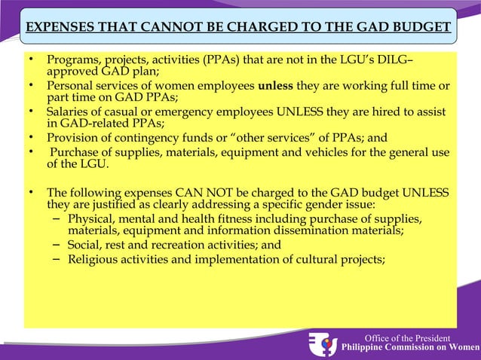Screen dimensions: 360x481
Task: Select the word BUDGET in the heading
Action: click(419, 29)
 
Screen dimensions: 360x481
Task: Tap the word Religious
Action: click(93, 261)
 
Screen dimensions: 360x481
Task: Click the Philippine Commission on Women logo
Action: click(323, 343)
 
